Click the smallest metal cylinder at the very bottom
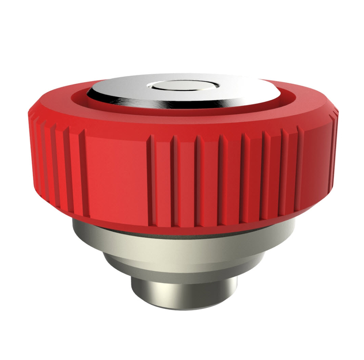click(x=184, y=291)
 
